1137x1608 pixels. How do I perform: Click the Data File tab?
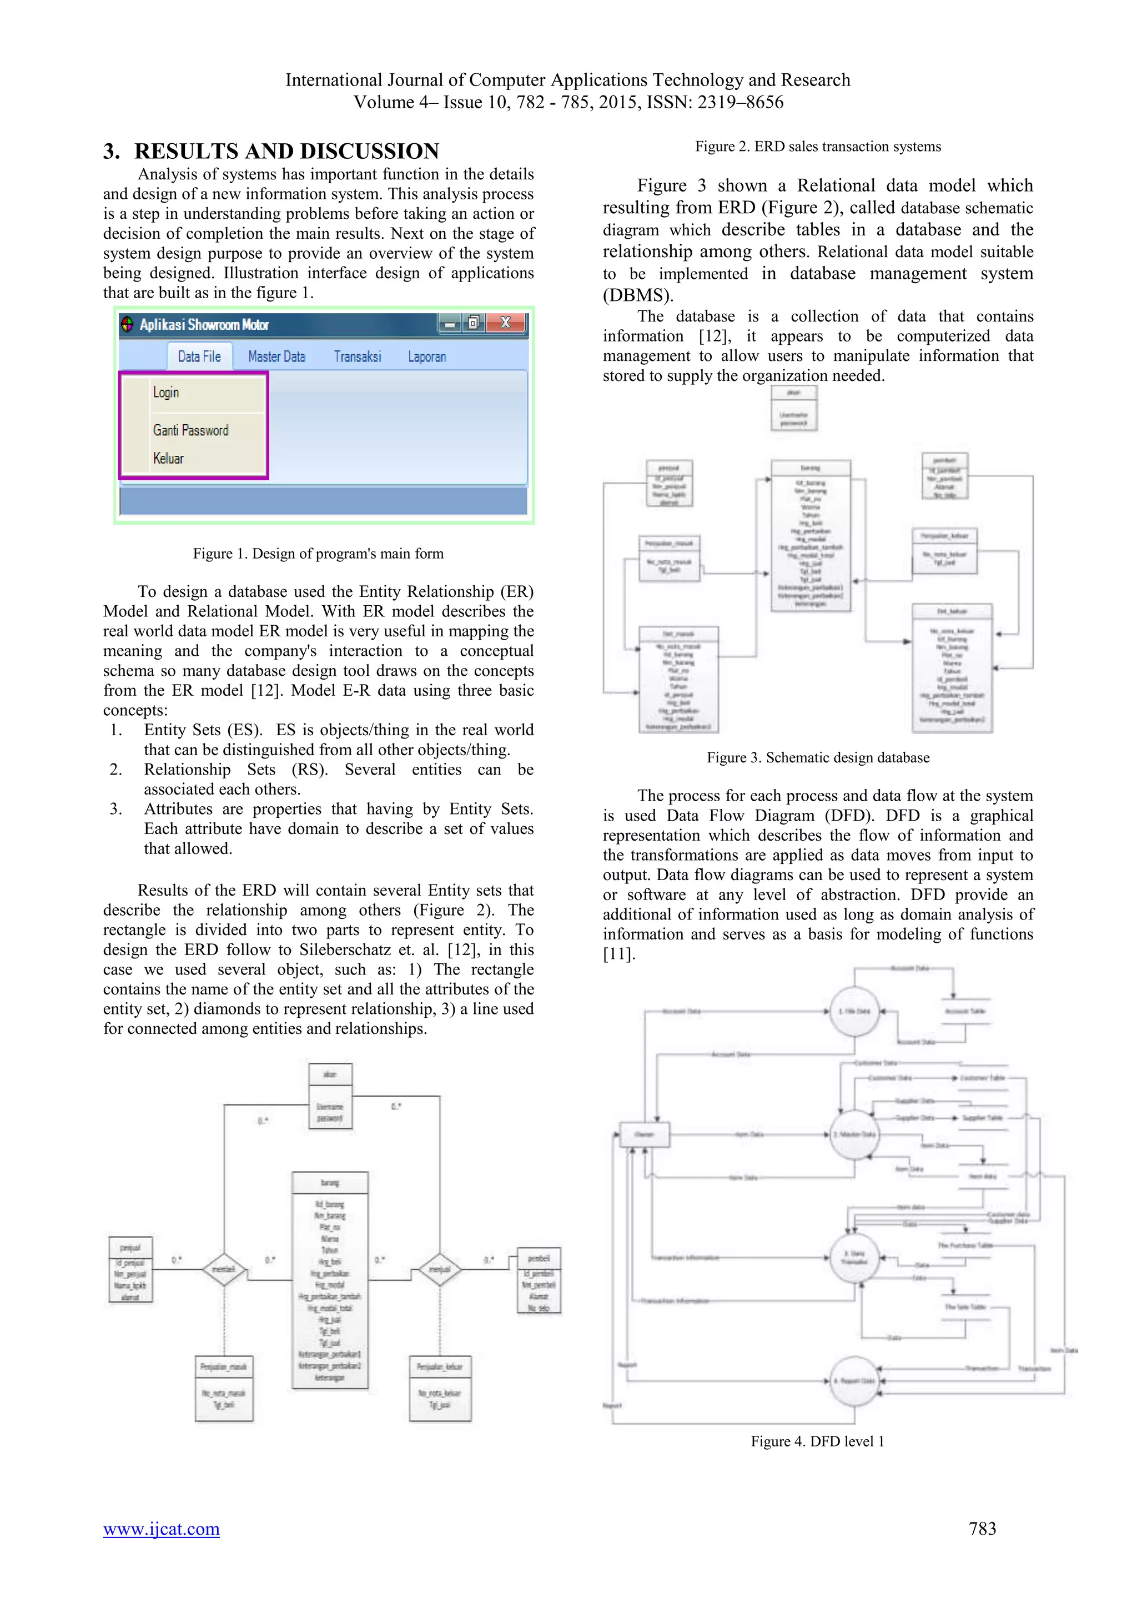(x=199, y=356)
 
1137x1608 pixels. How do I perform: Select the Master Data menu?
(x=276, y=356)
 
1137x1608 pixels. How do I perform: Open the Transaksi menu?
(x=357, y=356)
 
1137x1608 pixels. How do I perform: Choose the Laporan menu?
(x=427, y=356)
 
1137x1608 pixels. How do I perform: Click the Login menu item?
(x=166, y=392)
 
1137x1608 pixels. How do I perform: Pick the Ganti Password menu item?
(x=190, y=430)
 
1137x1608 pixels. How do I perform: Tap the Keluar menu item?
(x=168, y=458)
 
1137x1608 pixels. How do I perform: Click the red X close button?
(x=506, y=323)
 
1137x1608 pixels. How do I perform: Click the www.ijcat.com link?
(x=161, y=1528)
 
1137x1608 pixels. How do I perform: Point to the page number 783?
(x=982, y=1528)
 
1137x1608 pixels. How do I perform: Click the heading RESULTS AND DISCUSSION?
(x=286, y=151)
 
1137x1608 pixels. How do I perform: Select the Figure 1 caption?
(x=318, y=553)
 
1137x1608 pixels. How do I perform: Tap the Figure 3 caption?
(x=818, y=757)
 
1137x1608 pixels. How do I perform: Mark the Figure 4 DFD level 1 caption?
(x=818, y=1441)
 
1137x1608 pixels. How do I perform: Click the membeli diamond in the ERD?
(x=224, y=1269)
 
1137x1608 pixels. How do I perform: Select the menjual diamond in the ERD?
(x=440, y=1269)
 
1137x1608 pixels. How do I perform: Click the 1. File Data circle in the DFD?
(x=854, y=1011)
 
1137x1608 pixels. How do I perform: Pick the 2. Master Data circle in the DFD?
(x=854, y=1134)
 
